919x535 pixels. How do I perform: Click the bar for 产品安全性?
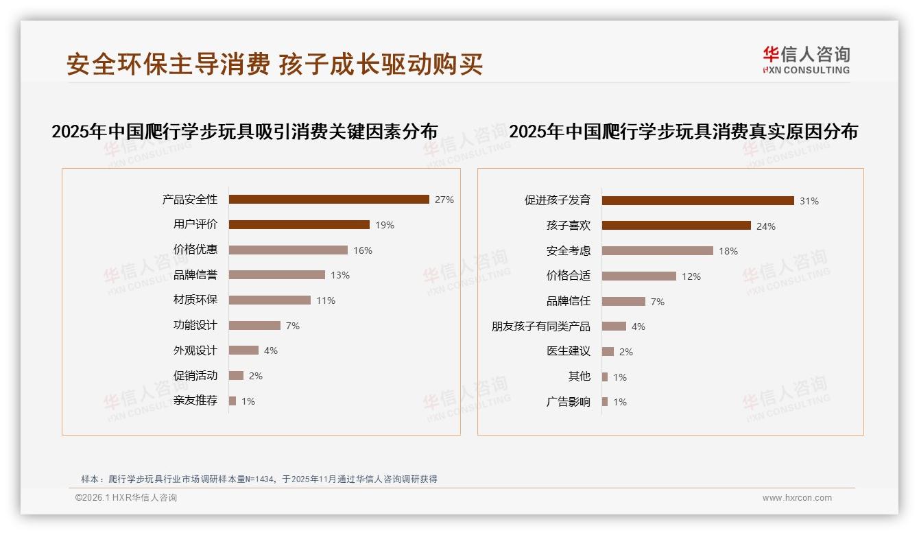tap(329, 200)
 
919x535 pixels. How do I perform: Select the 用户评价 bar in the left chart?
tap(299, 224)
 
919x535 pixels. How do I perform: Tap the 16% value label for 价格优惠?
tap(363, 250)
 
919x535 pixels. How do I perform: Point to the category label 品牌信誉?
tap(195, 275)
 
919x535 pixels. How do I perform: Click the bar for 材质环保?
tap(270, 300)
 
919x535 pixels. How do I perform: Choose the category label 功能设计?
tap(195, 325)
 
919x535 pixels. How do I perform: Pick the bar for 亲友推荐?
tap(232, 401)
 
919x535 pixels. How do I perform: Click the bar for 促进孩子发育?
tap(697, 200)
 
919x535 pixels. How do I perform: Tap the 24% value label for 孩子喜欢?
tap(765, 226)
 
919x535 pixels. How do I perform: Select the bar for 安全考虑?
tap(657, 251)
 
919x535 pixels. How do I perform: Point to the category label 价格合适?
tap(568, 276)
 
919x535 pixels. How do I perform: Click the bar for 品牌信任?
tap(623, 301)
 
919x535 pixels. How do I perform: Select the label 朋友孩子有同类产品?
tap(540, 326)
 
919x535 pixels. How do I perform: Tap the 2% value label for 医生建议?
tap(625, 352)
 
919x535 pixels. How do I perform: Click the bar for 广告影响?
tap(605, 402)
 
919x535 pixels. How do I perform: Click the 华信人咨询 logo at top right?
tap(806, 60)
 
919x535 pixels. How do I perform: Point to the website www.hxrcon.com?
tap(797, 498)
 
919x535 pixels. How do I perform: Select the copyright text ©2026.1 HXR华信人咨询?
tap(126, 498)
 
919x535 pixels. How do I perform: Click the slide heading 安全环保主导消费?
tap(168, 64)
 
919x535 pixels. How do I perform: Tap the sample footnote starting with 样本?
tap(259, 479)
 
